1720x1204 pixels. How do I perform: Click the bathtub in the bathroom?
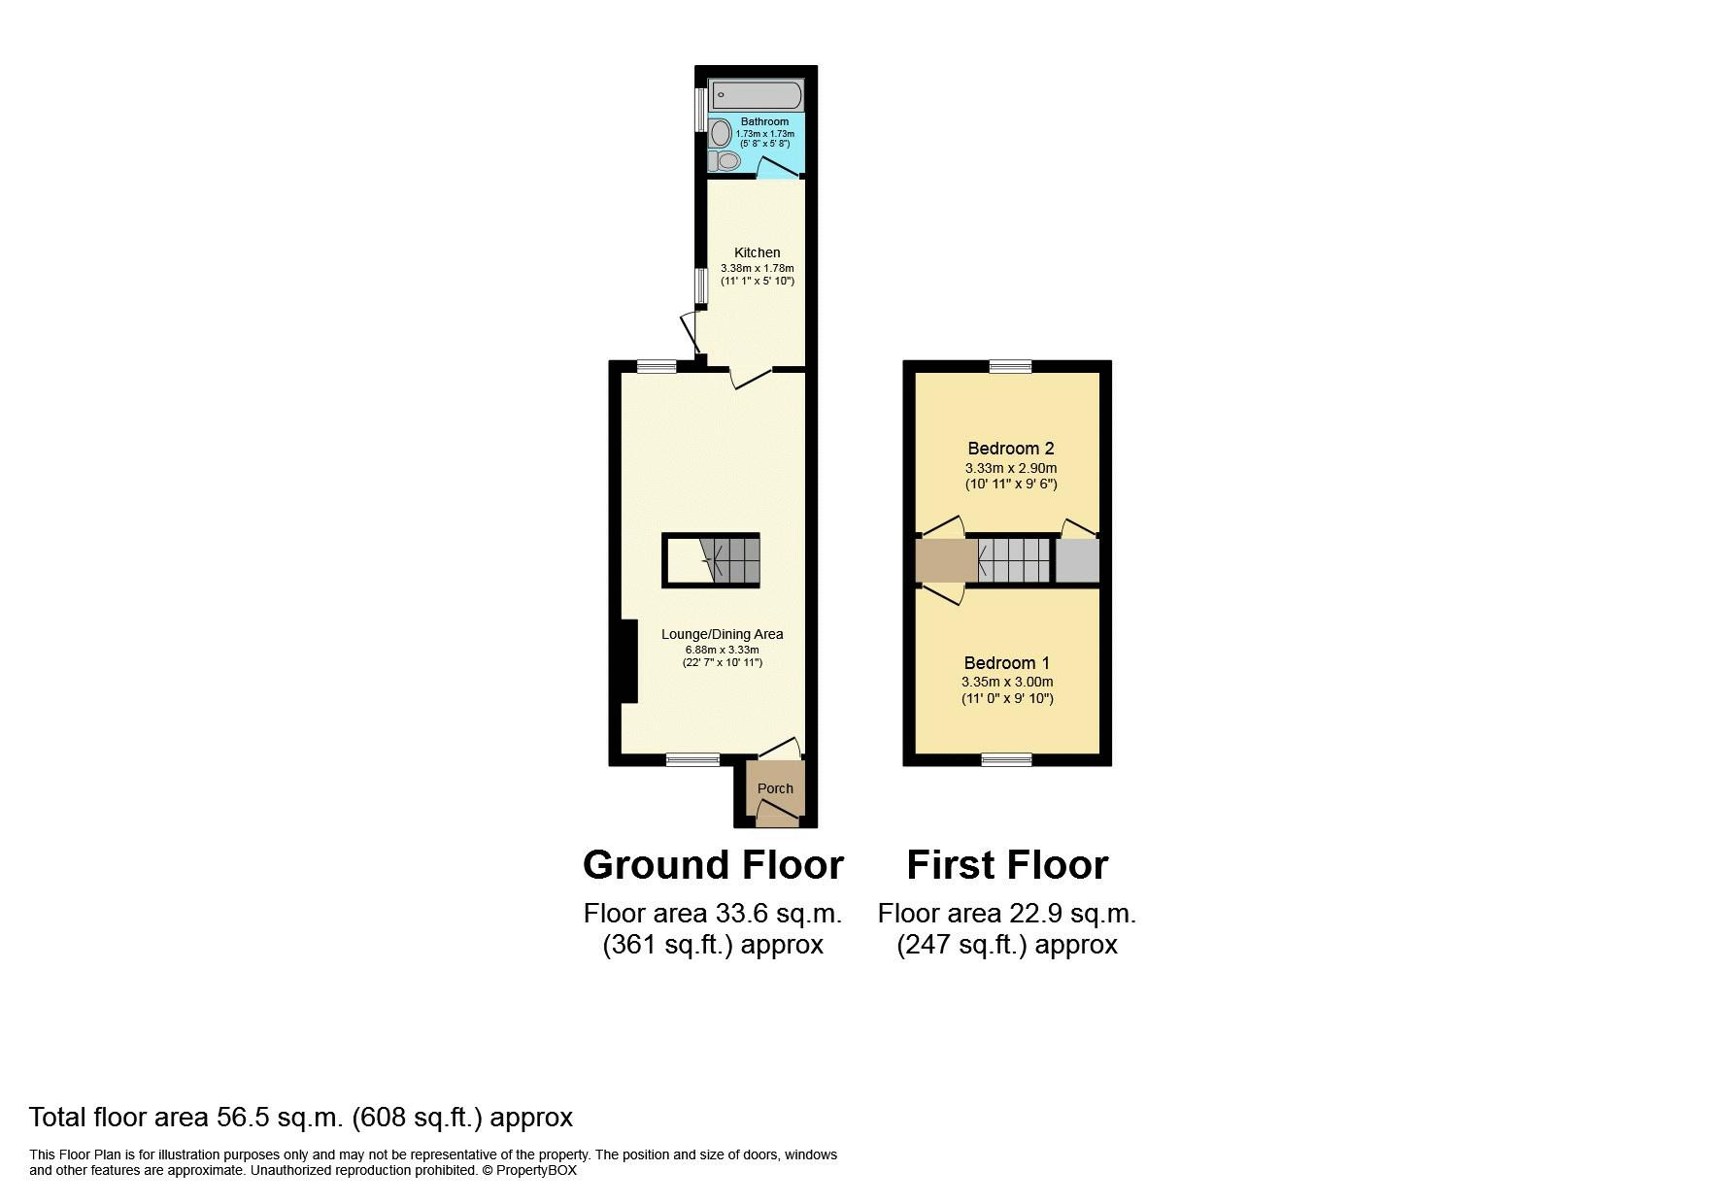757,95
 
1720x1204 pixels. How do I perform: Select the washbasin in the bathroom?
720,131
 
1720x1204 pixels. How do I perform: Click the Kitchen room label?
757,252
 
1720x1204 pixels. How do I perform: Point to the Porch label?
775,788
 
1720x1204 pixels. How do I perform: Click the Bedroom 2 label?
1010,449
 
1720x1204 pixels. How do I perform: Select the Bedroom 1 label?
1006,663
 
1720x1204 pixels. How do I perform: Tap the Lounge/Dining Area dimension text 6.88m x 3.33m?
722,650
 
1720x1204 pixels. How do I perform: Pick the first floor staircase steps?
1016,560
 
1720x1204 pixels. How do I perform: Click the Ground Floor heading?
713,864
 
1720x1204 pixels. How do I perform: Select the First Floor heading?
1007,864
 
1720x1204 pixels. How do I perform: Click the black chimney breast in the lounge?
629,661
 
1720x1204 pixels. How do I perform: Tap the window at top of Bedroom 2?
1010,366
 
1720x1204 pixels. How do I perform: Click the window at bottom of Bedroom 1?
1006,759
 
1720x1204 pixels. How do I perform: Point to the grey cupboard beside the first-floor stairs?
1076,560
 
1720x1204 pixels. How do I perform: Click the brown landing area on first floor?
946,560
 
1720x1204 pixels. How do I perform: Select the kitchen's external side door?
691,333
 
